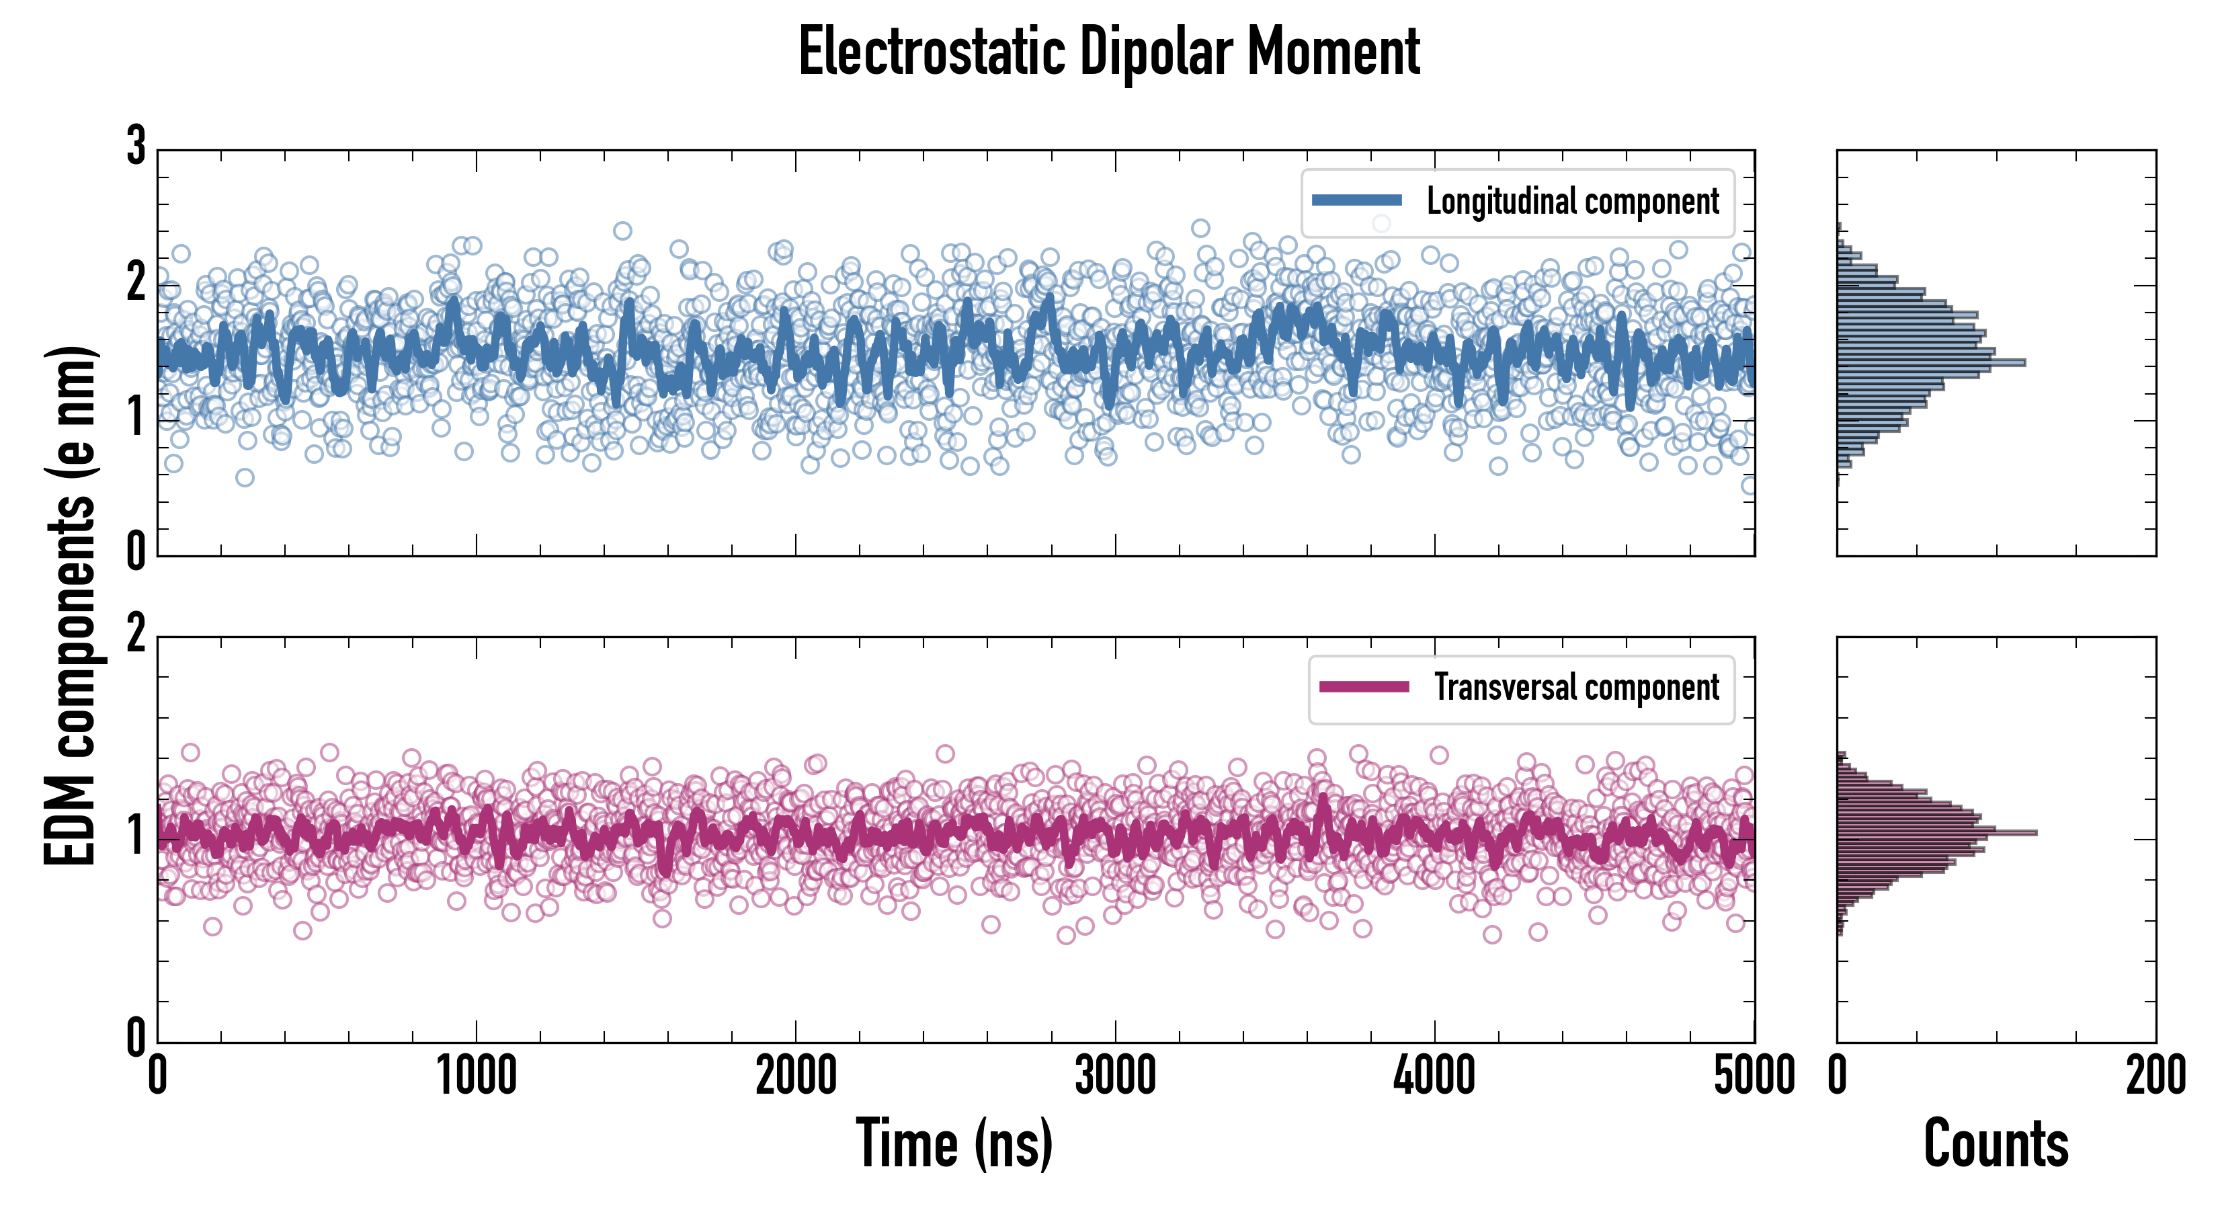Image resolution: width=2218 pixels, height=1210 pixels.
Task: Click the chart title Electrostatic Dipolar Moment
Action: [1109, 52]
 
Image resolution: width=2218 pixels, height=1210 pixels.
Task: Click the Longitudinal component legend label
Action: [1572, 202]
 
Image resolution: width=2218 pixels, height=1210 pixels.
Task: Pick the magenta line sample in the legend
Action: [1364, 686]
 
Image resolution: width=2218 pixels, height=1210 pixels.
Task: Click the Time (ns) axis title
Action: [954, 1143]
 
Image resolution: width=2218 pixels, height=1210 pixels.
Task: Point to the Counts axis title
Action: [1996, 1143]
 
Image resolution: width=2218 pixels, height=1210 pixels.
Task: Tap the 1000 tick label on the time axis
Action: [476, 1076]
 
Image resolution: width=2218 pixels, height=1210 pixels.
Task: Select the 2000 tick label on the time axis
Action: [796, 1076]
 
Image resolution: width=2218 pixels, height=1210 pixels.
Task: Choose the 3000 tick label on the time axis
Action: [1115, 1076]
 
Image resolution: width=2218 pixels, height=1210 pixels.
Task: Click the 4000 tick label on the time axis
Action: [1434, 1076]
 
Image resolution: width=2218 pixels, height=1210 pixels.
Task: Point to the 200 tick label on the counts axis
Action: [2155, 1076]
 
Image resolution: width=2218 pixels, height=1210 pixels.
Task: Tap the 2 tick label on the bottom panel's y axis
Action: [136, 634]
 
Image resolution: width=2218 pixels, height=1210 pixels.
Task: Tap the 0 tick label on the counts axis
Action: [1838, 1076]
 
